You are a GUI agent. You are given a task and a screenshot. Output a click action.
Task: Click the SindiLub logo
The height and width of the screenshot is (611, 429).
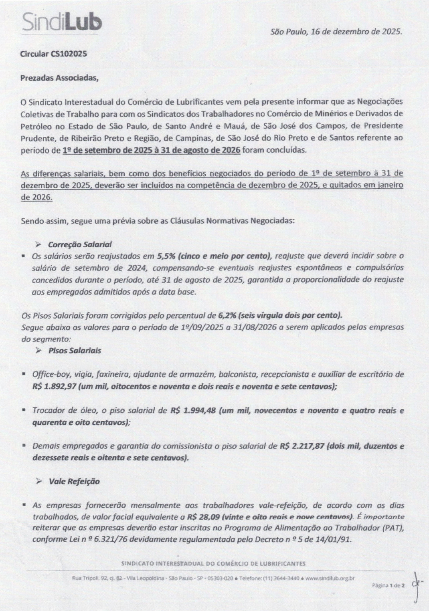click(x=62, y=22)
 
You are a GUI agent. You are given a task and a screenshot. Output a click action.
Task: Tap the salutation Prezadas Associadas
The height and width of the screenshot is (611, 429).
click(x=59, y=78)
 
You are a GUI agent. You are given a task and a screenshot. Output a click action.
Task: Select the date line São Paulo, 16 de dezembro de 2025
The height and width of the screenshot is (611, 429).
click(x=336, y=32)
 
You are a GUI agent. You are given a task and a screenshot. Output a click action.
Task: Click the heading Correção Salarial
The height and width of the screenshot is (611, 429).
click(x=80, y=244)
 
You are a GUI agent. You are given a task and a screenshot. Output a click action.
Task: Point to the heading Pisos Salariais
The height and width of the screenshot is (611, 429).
click(x=75, y=351)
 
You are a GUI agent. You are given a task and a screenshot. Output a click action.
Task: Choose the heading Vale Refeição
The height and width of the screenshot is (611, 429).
click(x=74, y=481)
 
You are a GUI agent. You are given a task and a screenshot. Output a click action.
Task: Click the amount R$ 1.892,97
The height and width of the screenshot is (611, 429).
click(x=54, y=387)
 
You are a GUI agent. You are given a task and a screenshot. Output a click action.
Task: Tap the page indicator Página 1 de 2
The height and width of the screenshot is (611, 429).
click(x=388, y=585)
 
